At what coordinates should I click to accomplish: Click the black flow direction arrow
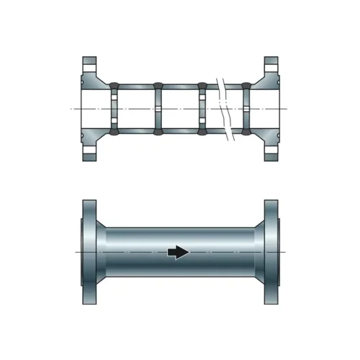[178, 252]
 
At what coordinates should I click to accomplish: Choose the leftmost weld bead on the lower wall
[113, 131]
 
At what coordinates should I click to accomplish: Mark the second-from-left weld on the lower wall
[158, 131]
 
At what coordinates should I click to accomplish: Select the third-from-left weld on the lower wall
[202, 131]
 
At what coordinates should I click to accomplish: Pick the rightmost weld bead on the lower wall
[247, 131]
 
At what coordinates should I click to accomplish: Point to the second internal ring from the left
[158, 108]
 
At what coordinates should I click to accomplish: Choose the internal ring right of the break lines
[247, 108]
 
